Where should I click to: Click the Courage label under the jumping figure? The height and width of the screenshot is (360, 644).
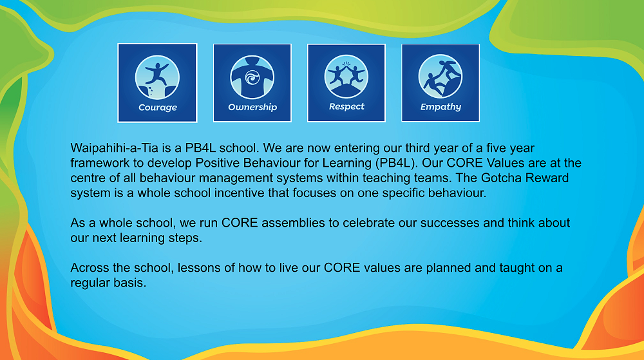tap(158, 108)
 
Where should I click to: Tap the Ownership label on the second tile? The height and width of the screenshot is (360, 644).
tap(252, 107)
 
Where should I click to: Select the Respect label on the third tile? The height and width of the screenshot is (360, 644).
tap(346, 107)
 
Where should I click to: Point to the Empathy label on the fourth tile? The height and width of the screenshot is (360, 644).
tap(440, 107)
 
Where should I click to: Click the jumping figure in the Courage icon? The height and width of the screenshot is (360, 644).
tap(156, 74)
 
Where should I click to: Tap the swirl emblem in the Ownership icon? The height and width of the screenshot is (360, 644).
tap(252, 77)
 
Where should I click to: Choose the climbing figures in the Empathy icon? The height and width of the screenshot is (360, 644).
tap(440, 77)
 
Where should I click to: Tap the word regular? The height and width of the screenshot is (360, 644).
tap(88, 283)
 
